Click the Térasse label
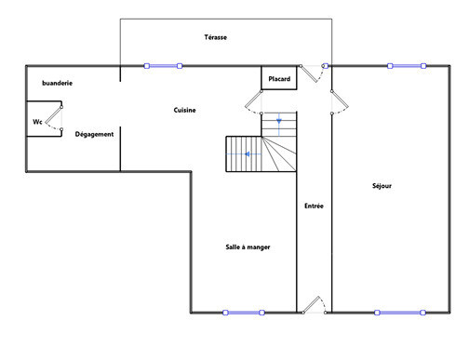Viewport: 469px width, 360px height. pos(216,37)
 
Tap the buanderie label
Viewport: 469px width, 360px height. pos(58,83)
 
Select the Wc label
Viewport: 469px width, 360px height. pos(37,122)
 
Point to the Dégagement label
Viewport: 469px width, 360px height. pos(94,134)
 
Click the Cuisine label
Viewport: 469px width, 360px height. pos(184,110)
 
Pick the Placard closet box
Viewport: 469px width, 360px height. pos(279,78)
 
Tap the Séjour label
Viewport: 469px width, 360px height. pos(382,186)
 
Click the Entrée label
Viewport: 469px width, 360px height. pos(314,206)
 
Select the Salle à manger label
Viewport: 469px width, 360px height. pos(248,247)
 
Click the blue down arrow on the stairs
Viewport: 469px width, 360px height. pos(279,121)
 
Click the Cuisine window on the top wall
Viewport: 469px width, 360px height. pos(163,66)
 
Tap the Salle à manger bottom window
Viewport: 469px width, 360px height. pos(244,313)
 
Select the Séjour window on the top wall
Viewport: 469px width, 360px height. pos(407,66)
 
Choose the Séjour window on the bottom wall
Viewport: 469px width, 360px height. pos(400,313)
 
